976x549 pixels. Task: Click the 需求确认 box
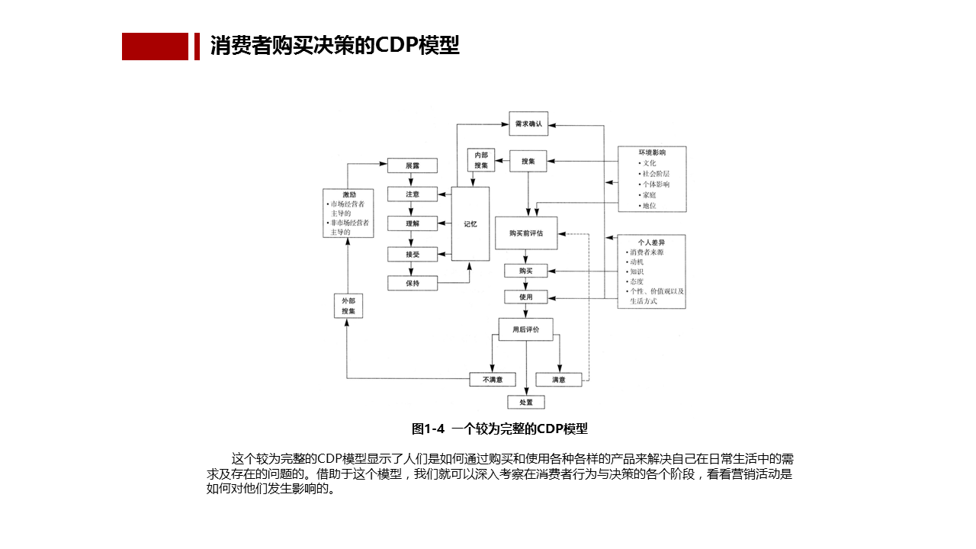[528, 124]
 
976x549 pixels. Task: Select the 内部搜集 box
[481, 160]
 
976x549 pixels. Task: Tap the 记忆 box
[470, 224]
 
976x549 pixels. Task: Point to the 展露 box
[413, 165]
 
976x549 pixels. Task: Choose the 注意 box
[413, 194]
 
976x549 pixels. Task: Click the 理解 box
[413, 223]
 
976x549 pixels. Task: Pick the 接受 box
[413, 254]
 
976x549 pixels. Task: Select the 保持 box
[413, 283]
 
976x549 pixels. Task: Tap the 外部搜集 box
[348, 306]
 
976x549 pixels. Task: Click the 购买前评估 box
[526, 233]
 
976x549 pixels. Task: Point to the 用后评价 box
[526, 329]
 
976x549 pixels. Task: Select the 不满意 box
[492, 379]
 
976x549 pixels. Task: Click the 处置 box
[526, 402]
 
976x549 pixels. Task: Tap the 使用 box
[526, 297]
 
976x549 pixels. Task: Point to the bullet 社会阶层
[656, 174]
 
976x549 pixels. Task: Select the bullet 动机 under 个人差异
[636, 262]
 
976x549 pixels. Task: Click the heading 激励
[348, 194]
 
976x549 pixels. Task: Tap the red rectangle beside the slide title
[155, 47]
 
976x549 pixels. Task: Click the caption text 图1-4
[428, 429]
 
